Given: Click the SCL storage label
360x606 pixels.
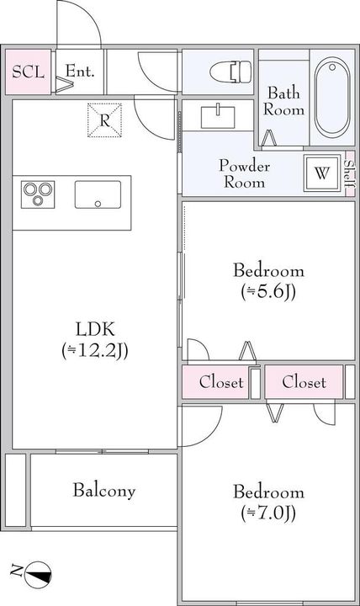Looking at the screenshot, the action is (28, 72).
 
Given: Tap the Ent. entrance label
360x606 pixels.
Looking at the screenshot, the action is (80, 71).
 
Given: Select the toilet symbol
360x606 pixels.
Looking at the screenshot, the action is (230, 72).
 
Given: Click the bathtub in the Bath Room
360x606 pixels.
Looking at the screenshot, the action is (332, 97).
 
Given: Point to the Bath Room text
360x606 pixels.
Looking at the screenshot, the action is (283, 101).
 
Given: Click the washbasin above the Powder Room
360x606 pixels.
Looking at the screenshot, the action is (218, 117).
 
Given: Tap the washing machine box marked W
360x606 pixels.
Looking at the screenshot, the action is (322, 173).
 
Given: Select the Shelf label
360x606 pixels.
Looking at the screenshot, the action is (349, 173).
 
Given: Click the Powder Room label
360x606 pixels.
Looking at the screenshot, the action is (244, 173).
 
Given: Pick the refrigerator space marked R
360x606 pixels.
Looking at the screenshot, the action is (104, 120).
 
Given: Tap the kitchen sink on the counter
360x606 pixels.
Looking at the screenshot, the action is (98, 194).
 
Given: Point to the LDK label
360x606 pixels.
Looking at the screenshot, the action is (95, 330).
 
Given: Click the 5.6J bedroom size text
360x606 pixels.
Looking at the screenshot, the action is (268, 293).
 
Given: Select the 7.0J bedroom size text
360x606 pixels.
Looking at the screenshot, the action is (268, 513).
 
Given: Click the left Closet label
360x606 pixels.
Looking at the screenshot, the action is (221, 382).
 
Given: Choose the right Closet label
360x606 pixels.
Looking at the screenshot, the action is (304, 382).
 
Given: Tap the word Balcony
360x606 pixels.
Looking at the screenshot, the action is (104, 491).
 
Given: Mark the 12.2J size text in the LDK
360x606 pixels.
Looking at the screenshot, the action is (95, 351).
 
